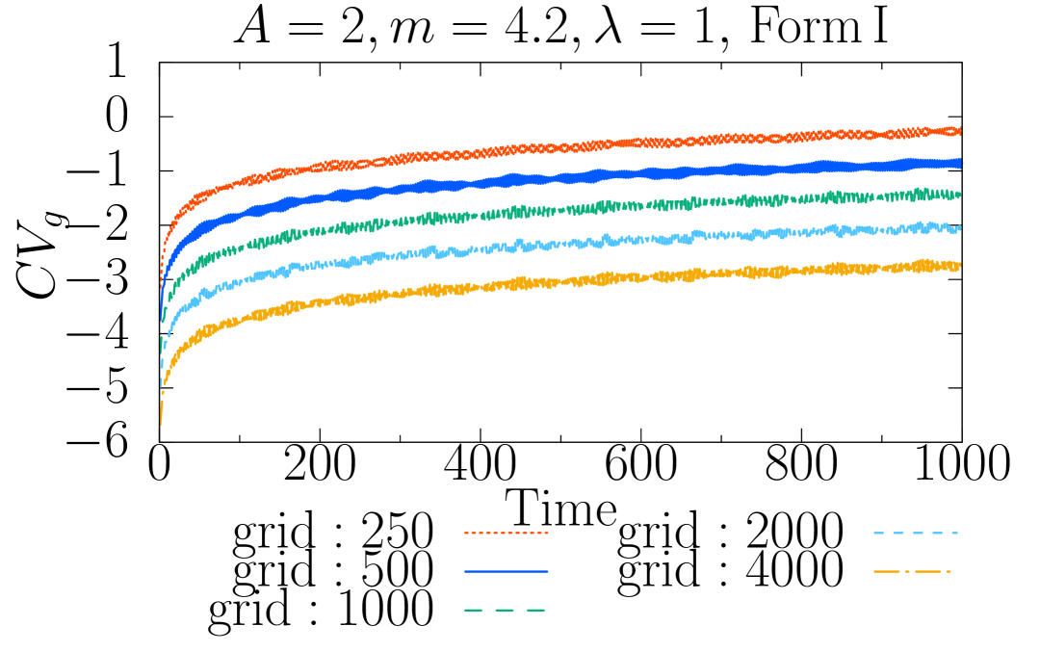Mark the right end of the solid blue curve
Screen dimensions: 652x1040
(959, 164)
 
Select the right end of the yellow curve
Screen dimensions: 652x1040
(959, 265)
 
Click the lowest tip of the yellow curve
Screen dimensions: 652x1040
(161, 423)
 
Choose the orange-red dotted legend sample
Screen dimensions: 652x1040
(506, 533)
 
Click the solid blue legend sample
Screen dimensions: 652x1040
(506, 571)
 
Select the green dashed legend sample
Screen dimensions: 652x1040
(505, 610)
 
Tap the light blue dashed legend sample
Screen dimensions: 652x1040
(915, 533)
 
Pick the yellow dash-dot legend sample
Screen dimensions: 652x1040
(912, 571)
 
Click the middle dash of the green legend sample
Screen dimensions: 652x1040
(505, 610)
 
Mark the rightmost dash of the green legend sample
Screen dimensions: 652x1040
(535, 610)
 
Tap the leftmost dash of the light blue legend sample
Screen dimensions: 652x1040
(878, 533)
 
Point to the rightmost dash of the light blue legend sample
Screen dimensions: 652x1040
(953, 533)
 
